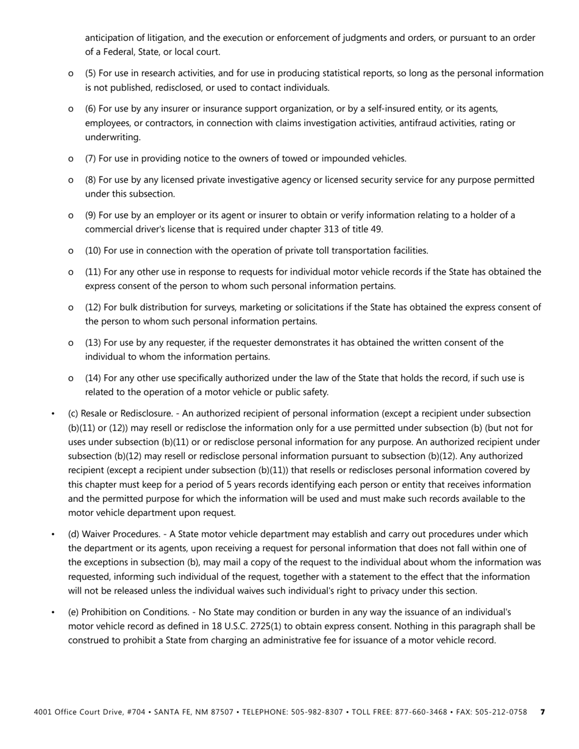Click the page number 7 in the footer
pyautogui.click(x=542, y=712)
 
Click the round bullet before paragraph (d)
pyautogui.click(x=54, y=535)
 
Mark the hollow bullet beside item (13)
pyautogui.click(x=71, y=343)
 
